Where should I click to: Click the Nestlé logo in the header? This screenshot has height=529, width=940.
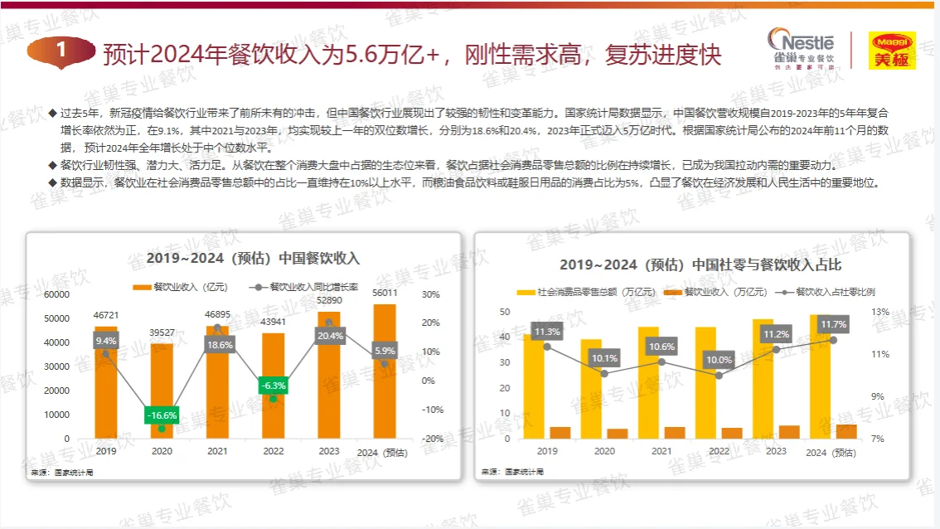pos(801,49)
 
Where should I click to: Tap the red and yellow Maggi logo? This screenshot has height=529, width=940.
pos(891,50)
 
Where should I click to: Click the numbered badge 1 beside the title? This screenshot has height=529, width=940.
pos(61,51)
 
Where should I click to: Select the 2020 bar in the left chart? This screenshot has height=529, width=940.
pos(162,391)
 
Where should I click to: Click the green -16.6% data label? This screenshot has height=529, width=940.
pos(162,415)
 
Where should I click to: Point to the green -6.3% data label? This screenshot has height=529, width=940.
pos(273,386)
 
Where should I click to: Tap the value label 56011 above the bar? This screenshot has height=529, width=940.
pos(385,293)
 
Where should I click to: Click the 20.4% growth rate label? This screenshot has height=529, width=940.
pos(329,336)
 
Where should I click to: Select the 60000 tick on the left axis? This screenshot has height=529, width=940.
pos(57,294)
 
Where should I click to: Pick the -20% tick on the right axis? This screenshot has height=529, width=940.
pos(431,439)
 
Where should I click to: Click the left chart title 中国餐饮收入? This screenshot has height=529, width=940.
pos(253,258)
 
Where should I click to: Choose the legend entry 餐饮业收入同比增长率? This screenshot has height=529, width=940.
pos(305,287)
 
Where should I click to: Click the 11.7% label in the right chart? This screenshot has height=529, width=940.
pos(833,324)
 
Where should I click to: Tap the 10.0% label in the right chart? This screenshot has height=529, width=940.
pos(719,360)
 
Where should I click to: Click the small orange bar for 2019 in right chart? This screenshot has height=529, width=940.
pos(561,433)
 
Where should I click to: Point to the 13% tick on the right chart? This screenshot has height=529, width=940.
pos(880,312)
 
